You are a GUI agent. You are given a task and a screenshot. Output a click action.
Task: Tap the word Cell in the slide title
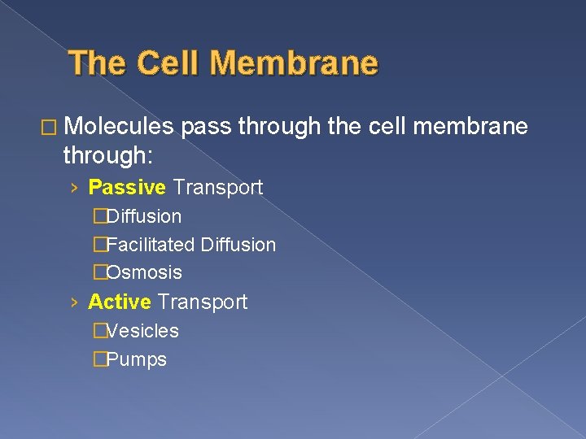[x=167, y=63]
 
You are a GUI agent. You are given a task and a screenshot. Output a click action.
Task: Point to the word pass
[x=203, y=126]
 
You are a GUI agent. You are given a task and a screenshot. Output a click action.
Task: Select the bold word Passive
[x=127, y=188]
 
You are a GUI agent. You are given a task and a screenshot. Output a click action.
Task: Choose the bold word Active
[x=120, y=302]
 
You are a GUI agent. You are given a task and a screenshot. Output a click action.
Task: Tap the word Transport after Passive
[x=217, y=188]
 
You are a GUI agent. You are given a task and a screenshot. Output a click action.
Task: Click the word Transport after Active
[x=203, y=302]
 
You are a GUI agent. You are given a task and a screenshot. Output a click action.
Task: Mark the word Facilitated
[x=151, y=245]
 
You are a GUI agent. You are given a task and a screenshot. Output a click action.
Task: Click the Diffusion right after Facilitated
[x=238, y=245]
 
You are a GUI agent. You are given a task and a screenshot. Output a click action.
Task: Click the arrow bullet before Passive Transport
[x=74, y=189]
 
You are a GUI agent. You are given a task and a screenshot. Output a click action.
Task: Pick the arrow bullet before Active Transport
[x=74, y=303]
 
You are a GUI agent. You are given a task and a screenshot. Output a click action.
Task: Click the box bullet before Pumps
[x=99, y=359]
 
